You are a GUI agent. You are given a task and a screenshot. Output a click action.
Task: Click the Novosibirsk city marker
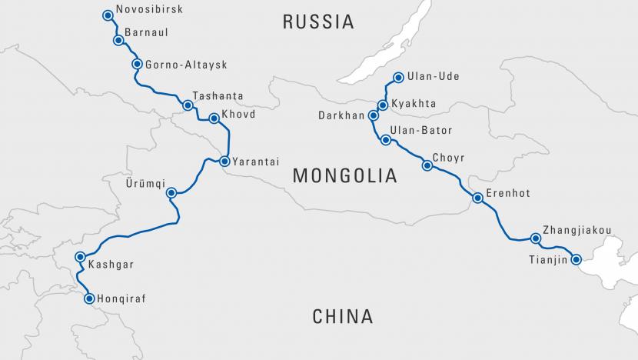108,15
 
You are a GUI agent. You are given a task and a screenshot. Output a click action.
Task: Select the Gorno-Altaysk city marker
137,65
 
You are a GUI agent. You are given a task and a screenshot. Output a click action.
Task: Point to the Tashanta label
218,96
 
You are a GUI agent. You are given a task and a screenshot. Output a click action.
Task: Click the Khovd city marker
214,118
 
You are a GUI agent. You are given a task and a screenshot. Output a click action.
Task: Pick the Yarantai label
256,162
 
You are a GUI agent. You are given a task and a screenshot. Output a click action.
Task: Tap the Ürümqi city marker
171,193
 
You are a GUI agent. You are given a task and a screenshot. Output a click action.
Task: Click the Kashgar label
111,265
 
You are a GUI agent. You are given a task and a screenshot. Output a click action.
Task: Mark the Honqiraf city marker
89,298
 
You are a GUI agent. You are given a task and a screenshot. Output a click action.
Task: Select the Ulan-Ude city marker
398,77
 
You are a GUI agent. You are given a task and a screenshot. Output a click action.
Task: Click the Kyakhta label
414,104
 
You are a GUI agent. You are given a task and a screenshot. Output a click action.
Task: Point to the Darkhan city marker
374,116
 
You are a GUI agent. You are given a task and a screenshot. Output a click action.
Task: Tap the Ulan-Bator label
421,131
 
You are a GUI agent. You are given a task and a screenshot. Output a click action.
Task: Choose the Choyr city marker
427,165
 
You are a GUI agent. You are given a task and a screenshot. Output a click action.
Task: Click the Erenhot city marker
477,198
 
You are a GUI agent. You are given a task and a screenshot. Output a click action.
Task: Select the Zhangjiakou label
577,229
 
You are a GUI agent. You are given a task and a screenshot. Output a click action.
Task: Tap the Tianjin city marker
576,259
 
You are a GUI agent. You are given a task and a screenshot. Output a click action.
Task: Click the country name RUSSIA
318,22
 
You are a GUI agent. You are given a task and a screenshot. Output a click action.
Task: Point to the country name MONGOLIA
345,176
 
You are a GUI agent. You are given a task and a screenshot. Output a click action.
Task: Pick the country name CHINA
343,315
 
